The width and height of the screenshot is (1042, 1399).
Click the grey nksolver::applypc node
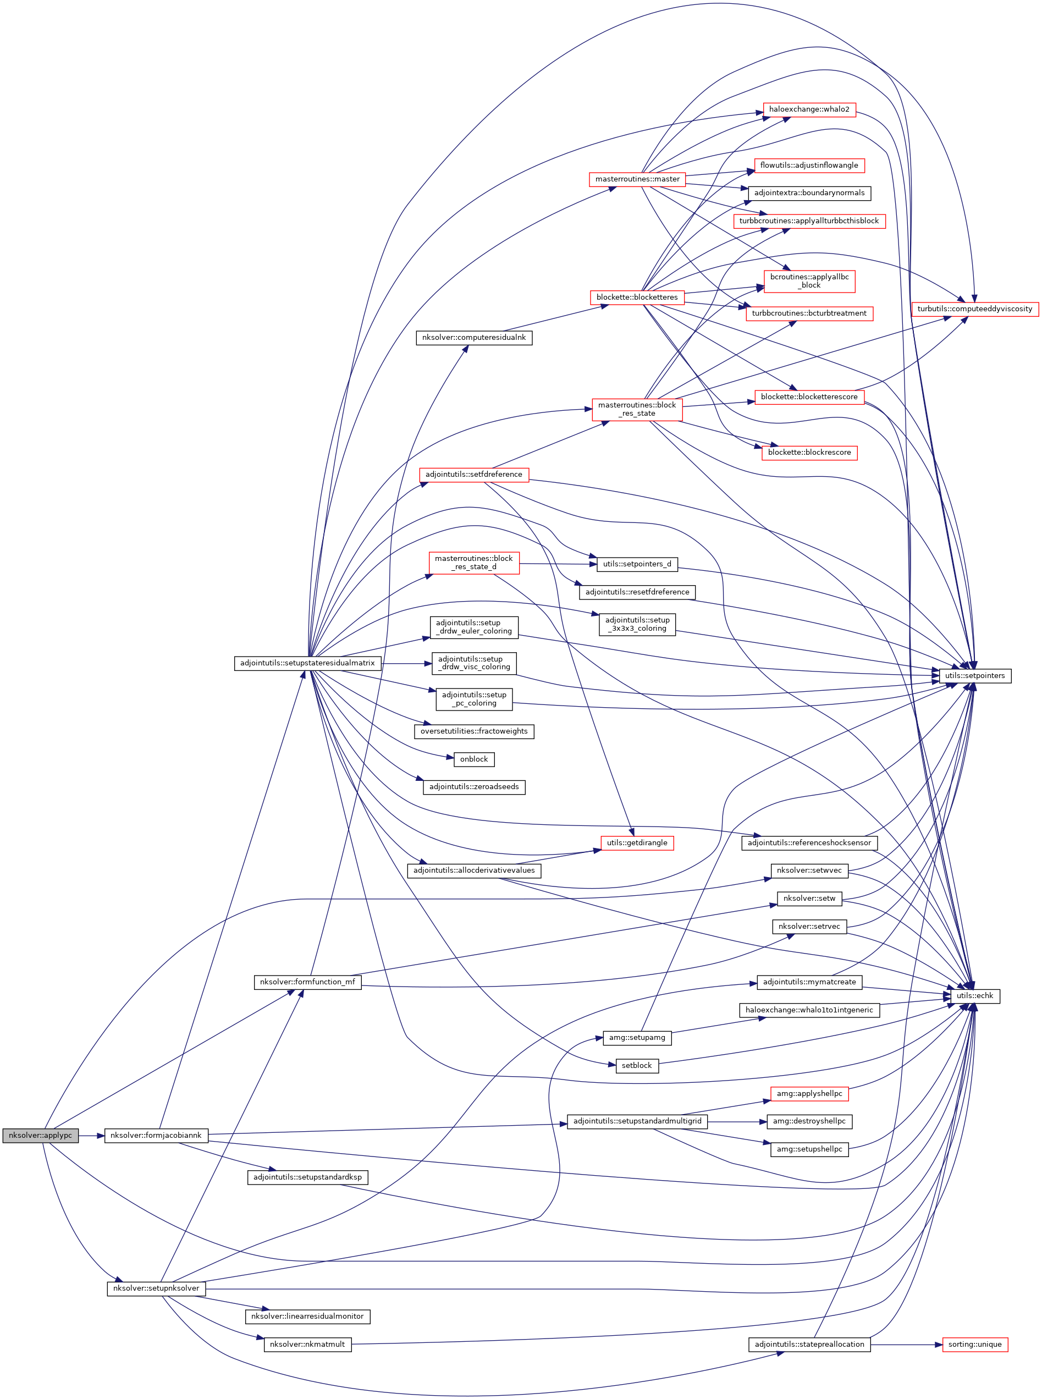tap(40, 1136)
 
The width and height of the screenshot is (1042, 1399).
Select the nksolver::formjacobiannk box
tap(156, 1136)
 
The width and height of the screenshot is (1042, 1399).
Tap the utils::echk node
tap(974, 996)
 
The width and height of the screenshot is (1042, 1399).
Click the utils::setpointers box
tap(974, 675)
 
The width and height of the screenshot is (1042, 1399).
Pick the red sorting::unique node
tap(974, 1344)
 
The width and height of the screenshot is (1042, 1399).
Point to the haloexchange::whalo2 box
tap(809, 109)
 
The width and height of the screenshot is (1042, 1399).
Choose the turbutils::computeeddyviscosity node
tap(974, 309)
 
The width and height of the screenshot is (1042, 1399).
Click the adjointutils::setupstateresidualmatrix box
tap(307, 663)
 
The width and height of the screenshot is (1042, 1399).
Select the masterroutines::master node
tap(637, 179)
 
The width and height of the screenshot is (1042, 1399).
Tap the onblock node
tap(473, 759)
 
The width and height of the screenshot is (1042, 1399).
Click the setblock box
tap(636, 1065)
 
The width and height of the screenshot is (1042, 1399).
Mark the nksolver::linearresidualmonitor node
tap(307, 1317)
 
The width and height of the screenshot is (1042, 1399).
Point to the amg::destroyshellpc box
tap(809, 1121)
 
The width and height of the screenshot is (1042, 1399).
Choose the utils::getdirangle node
tap(637, 842)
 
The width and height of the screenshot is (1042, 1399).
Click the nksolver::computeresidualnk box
tap(473, 338)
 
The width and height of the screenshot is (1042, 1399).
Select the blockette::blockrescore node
tap(809, 452)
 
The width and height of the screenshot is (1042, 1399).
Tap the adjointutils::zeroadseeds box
tap(473, 786)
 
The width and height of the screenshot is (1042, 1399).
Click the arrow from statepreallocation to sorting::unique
tap(906, 1344)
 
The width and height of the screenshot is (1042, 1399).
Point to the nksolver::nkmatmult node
tap(307, 1344)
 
